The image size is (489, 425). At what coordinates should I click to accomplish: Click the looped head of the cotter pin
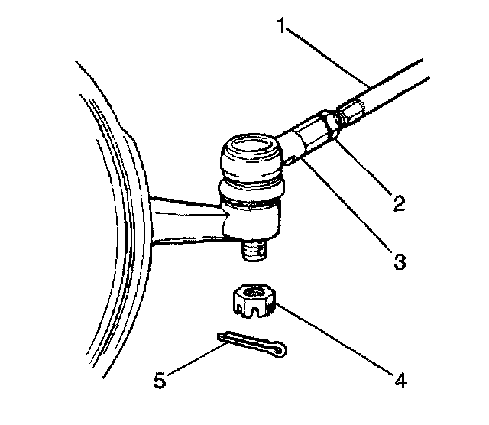(280, 349)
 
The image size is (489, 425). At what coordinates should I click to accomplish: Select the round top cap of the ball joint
(248, 145)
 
